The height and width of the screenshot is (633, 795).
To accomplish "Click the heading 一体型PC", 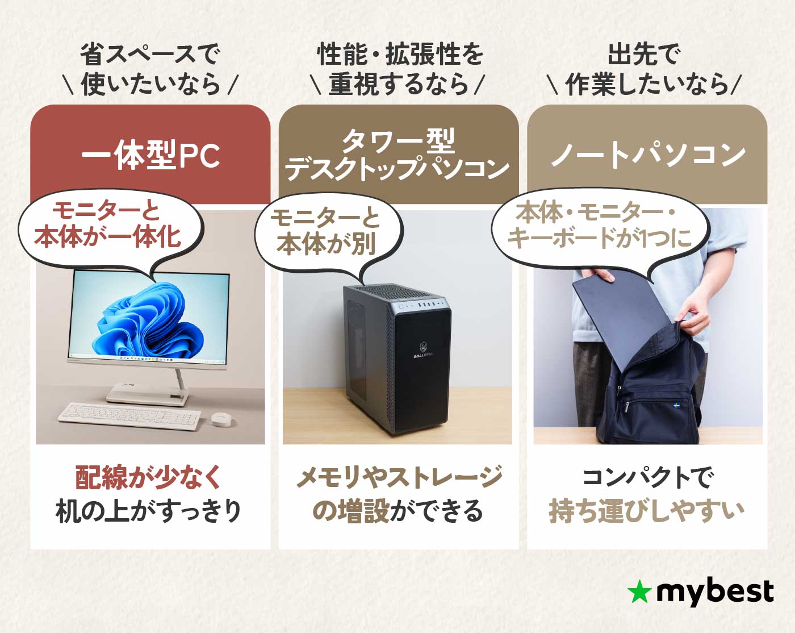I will [x=150, y=155].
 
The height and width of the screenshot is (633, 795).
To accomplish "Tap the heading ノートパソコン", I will [x=647, y=155].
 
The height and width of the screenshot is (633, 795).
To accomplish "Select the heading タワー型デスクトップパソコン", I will [x=397, y=155].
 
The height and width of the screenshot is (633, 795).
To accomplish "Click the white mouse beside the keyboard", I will [x=221, y=419].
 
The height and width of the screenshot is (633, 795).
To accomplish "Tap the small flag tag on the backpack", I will [x=676, y=405].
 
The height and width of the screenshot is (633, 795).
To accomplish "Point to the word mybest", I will [x=714, y=592].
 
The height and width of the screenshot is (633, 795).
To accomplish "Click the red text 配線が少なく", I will [x=149, y=477].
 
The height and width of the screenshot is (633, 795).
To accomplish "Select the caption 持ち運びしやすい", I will [x=646, y=510].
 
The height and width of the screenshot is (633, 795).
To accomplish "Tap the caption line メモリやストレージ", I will [x=399, y=477].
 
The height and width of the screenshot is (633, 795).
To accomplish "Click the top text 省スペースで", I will [x=150, y=55].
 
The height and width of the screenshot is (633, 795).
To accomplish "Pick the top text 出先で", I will [x=644, y=55].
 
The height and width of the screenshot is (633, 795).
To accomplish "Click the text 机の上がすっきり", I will [x=149, y=510].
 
